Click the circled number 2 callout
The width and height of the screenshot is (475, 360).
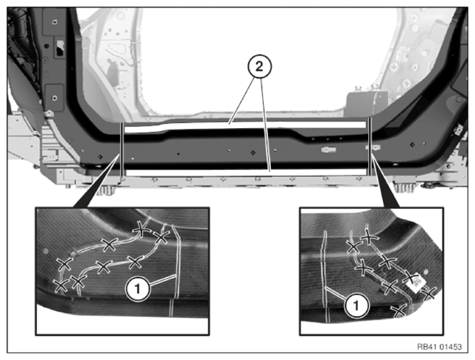click(x=259, y=66)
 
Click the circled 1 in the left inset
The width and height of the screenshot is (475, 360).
click(x=138, y=289)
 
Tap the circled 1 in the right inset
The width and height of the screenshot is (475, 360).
click(x=356, y=306)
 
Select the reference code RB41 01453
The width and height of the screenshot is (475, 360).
click(x=439, y=347)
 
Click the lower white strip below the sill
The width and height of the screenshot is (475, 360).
click(x=246, y=173)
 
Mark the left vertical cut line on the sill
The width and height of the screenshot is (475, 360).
click(x=122, y=149)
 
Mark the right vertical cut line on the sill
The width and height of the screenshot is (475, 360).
click(x=369, y=147)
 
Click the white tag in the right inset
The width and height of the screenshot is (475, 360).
click(x=416, y=283)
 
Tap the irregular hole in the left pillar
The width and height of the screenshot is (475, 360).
click(x=60, y=48)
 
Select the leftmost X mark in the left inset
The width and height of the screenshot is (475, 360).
click(x=60, y=285)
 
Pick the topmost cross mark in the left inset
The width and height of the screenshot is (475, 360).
click(x=141, y=230)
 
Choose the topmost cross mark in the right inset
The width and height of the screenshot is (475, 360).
click(x=368, y=237)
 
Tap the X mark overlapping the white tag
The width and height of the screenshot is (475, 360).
click(x=411, y=278)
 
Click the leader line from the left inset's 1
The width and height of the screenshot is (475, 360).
click(x=163, y=280)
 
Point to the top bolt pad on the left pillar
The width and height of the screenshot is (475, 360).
click(x=54, y=22)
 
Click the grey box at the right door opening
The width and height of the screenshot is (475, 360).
click(x=367, y=104)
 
